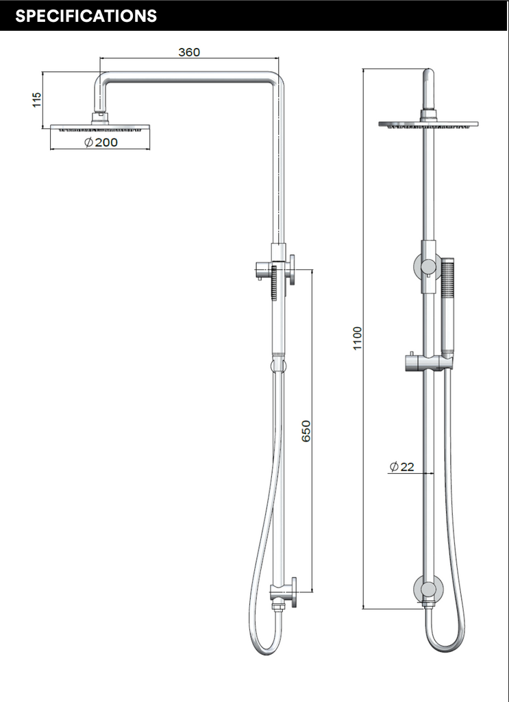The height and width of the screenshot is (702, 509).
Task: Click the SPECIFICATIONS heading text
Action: (86, 16)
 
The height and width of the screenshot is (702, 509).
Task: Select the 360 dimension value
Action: (189, 53)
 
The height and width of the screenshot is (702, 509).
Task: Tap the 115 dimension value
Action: (37, 99)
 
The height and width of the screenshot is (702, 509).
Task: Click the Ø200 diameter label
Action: (101, 142)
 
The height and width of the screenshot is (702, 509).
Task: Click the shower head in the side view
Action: (100, 128)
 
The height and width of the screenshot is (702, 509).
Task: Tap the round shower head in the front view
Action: (428, 124)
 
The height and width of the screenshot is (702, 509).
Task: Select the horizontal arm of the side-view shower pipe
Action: (192, 79)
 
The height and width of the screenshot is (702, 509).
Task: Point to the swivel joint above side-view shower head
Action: (100, 117)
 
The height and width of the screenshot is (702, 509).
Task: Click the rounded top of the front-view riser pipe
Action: (428, 74)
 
